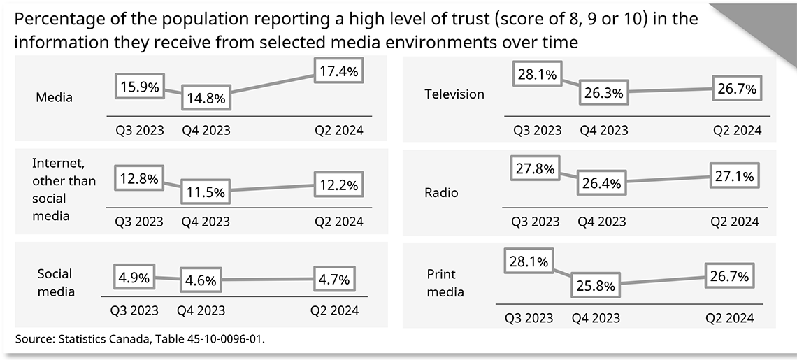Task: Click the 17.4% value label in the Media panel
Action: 339,71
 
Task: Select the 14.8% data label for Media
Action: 206,99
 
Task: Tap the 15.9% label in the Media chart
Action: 139,87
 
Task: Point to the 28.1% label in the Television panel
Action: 537,75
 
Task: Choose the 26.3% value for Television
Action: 603,93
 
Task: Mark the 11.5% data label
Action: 206,191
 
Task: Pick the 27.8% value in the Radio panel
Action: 535,168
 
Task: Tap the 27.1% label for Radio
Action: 734,177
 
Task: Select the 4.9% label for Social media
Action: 134,277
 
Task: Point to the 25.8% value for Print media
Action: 596,286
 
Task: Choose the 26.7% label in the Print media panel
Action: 731,276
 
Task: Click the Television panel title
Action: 454,94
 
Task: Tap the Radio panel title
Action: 442,192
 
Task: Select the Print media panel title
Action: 445,283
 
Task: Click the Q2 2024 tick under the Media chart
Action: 339,130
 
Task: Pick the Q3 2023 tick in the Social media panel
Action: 134,310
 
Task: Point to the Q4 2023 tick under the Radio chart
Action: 602,222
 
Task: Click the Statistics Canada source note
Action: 141,339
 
